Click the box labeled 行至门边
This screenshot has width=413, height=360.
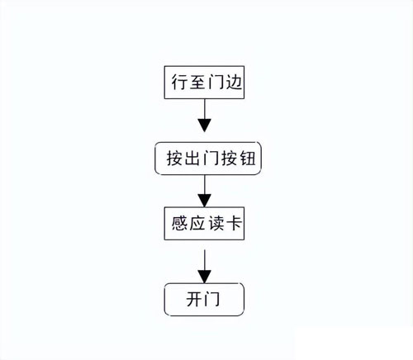point(204,83)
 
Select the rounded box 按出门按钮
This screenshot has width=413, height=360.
point(208,159)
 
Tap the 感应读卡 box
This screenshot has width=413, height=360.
point(204,223)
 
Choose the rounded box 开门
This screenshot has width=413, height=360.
point(204,300)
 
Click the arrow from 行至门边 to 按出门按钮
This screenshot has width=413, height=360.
point(205,116)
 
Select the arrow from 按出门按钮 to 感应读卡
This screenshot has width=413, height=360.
point(205,191)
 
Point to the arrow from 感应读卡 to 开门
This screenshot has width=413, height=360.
point(205,267)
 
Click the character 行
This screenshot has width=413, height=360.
point(179,82)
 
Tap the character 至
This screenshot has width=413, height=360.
point(197,82)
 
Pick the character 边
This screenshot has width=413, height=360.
point(234,82)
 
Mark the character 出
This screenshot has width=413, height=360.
point(192,159)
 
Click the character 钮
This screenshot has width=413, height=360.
point(248,159)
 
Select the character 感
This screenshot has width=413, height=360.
point(179,223)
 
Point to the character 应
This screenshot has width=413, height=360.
point(197,223)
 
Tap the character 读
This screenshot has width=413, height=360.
point(216,223)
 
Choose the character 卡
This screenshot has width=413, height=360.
point(234,223)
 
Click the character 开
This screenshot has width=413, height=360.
point(194,299)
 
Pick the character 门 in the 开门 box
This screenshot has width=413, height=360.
point(212,299)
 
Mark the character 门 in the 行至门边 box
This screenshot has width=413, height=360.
point(216,82)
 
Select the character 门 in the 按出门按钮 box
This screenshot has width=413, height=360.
point(211,159)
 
